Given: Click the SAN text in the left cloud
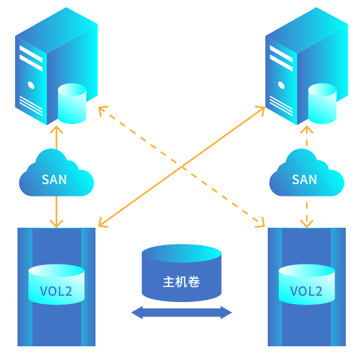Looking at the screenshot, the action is tap(54, 180).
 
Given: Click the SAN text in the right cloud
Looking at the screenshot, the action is tap(305, 180).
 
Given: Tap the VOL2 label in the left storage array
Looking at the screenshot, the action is tap(56, 291).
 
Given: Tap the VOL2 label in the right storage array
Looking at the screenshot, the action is tap(306, 291).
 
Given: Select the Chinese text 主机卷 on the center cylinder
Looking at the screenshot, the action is tap(181, 282).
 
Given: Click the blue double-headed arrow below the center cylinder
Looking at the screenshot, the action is tap(182, 313).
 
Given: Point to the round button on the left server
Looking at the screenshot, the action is tap(31, 85).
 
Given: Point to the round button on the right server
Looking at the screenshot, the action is tap(281, 85).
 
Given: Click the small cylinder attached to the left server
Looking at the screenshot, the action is tap(72, 104).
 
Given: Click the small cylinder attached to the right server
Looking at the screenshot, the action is tap(322, 104).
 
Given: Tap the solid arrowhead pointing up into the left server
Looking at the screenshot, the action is tap(57, 129).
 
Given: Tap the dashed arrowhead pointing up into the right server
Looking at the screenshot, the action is tap(306, 129).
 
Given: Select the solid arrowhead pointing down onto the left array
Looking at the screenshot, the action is tap(57, 224).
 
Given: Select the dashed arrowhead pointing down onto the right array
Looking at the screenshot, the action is tap(306, 224).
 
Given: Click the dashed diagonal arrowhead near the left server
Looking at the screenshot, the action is tap(102, 110).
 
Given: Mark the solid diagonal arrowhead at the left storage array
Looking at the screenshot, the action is tap(102, 223).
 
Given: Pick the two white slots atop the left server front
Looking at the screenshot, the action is tap(31, 58).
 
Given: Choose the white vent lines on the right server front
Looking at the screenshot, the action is tap(281, 105).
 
